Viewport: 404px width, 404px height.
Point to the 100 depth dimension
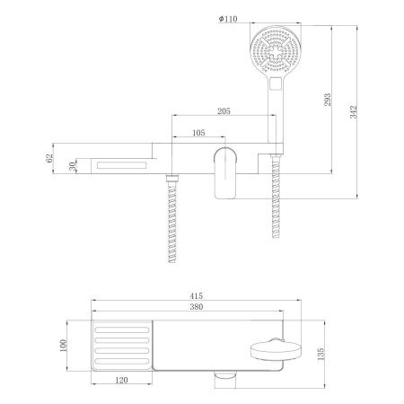point(63,346)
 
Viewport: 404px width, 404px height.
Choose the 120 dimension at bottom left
point(119,381)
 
